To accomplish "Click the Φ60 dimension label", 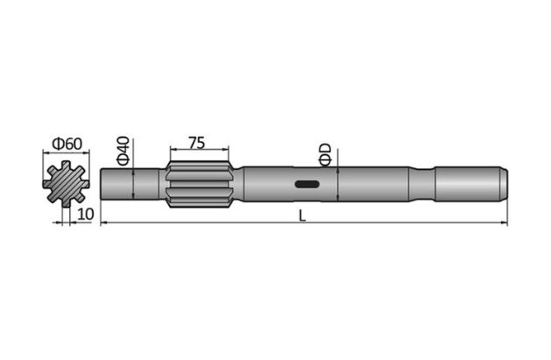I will (66, 143).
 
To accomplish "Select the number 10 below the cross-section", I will (84, 214).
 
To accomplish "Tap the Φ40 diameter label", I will (123, 150).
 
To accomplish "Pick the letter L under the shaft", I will (302, 215).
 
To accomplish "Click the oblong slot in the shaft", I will (307, 184).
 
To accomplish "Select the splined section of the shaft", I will (197, 184).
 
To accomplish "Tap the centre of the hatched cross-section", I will (66, 185).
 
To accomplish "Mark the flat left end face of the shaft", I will (102, 184).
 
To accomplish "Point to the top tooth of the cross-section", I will (66, 166).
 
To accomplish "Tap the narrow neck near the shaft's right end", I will (422, 184).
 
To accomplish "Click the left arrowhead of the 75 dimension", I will (166, 147).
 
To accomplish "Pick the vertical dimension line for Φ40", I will (132, 184).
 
